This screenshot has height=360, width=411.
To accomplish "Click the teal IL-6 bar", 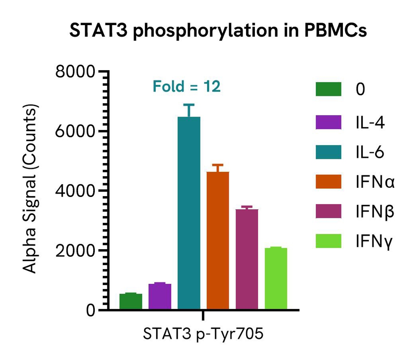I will pos(189,213).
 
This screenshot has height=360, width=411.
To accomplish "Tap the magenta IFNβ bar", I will pos(247,259).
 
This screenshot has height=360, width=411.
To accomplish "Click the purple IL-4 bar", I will pos(160,297).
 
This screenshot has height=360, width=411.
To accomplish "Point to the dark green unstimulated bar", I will pos(131,301).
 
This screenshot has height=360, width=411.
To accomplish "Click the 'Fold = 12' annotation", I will pos(186,86).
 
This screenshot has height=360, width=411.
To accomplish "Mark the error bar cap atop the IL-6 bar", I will pos(189,104).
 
